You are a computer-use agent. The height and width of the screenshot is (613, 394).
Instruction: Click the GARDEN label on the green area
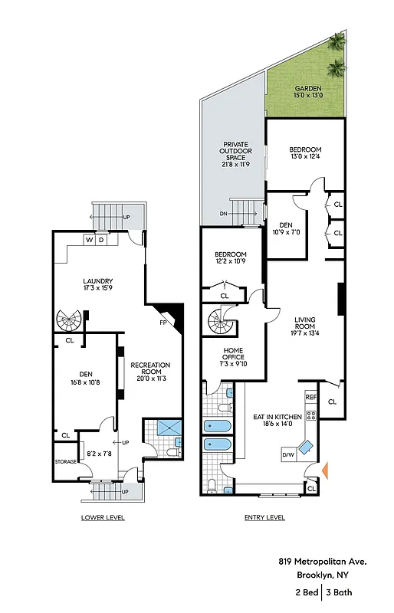pos(305,88)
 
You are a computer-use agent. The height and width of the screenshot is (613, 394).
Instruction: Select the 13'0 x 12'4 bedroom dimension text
pos(305,157)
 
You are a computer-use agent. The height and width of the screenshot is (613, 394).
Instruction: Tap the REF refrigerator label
pos(310,397)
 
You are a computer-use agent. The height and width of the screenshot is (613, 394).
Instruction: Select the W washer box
pos(90,240)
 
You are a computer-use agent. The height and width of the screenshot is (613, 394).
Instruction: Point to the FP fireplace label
pos(163,323)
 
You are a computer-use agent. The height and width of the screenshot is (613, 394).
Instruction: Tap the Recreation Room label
pos(149,369)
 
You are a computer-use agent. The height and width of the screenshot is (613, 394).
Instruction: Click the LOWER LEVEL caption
pos(103,517)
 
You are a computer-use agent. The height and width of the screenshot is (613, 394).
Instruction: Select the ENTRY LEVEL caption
pos(264,517)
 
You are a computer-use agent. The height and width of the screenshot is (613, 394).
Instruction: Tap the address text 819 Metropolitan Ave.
pos(322,562)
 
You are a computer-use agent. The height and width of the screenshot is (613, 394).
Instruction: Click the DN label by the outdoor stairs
pos(224,214)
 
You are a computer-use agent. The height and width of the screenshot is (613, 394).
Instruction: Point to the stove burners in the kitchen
pos(311,415)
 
